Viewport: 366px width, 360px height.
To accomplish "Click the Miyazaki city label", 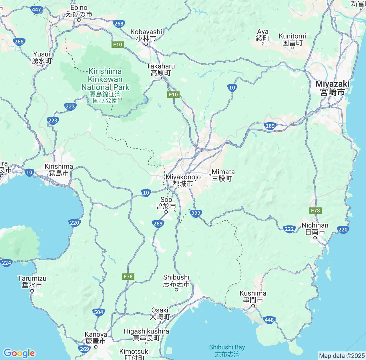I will (x=333, y=88).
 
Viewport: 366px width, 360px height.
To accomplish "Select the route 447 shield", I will (x=37, y=9).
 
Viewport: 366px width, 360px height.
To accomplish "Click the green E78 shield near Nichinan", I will (x=315, y=211).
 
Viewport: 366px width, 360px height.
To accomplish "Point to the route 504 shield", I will (x=98, y=312).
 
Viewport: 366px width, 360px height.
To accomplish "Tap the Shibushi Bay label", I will (x=227, y=351).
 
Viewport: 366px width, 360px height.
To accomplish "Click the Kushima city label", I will (x=253, y=297).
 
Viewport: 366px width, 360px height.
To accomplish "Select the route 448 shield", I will (x=269, y=320).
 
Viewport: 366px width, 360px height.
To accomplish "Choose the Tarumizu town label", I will (x=32, y=282).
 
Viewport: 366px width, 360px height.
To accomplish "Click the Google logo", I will (x=19, y=353).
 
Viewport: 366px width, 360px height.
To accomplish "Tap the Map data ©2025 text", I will (x=341, y=356).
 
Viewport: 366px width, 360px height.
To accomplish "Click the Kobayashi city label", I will (x=146, y=35).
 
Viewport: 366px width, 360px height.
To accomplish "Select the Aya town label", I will (x=263, y=35).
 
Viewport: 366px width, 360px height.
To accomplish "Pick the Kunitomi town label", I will (x=292, y=39).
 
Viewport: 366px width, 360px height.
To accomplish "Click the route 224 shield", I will (x=6, y=263).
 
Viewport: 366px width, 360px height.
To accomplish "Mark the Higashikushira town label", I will (x=146, y=335).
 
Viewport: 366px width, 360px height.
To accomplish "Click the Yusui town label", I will (x=42, y=57).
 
